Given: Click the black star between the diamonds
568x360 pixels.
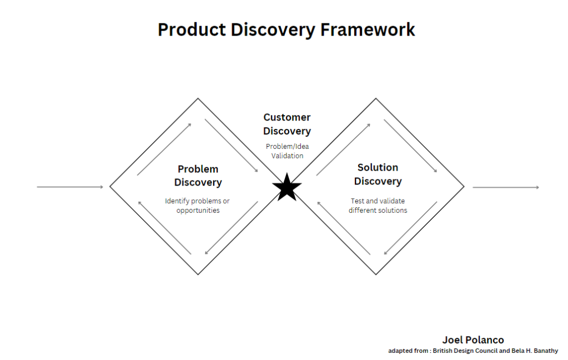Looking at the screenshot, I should click(x=287, y=188).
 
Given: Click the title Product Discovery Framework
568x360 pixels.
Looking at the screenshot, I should click(x=286, y=29).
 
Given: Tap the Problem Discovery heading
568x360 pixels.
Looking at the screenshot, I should click(x=198, y=176).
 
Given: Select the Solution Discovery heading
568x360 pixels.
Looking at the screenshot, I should click(x=378, y=174).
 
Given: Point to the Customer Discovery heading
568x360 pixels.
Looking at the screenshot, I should click(x=286, y=124).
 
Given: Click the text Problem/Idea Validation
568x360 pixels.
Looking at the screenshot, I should click(x=286, y=151).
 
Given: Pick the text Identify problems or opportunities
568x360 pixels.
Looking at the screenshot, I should click(x=198, y=206).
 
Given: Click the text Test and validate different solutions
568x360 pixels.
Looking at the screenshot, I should click(x=378, y=206).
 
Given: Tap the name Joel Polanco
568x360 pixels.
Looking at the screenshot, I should click(x=473, y=339).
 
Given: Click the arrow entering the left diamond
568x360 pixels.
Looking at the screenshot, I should click(x=70, y=187).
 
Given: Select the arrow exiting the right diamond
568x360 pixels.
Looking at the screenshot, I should click(x=505, y=187).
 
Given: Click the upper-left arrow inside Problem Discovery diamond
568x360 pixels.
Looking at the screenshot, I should click(x=164, y=149).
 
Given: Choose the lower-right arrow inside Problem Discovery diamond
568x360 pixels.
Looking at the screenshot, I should click(x=232, y=228).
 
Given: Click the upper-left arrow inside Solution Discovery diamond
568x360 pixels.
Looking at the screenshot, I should click(x=343, y=149).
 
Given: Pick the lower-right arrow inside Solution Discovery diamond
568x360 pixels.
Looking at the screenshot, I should click(x=411, y=228).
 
